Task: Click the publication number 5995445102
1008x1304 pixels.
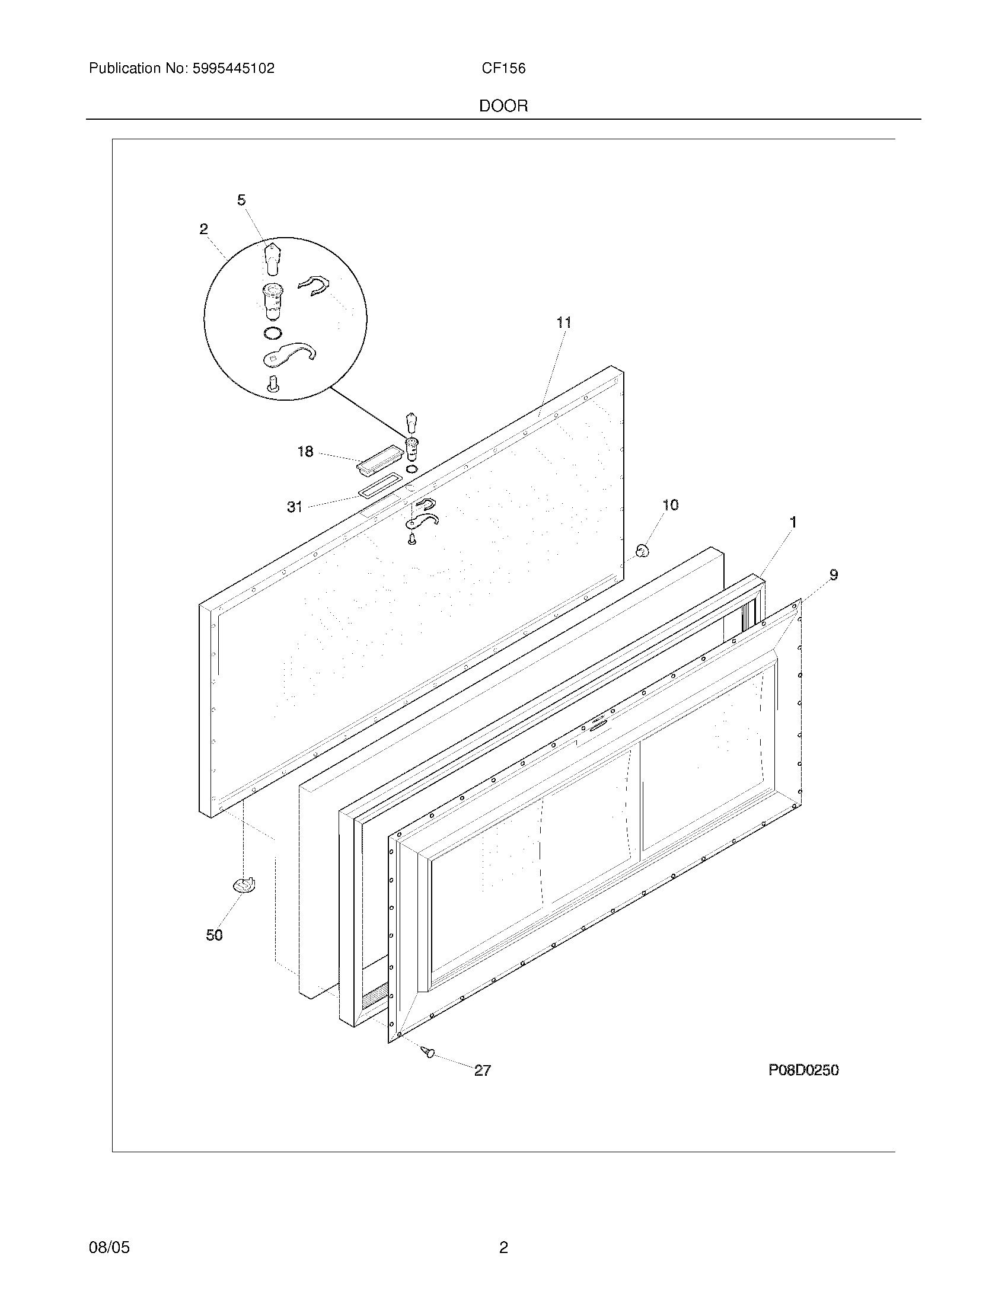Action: pyautogui.click(x=233, y=69)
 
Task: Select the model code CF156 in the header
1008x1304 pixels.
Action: pyautogui.click(x=503, y=69)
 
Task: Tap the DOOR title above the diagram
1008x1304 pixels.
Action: pyautogui.click(x=503, y=106)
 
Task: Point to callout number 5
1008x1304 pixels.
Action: pyautogui.click(x=241, y=200)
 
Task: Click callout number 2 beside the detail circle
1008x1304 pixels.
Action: pyautogui.click(x=203, y=229)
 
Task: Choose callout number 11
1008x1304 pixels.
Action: pyautogui.click(x=564, y=322)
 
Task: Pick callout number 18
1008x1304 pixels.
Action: pyautogui.click(x=305, y=452)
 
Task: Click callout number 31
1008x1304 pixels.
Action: pyautogui.click(x=295, y=507)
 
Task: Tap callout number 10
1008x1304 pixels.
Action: pyautogui.click(x=671, y=505)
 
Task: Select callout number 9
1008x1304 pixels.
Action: pyautogui.click(x=834, y=575)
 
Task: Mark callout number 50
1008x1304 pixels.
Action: pyautogui.click(x=215, y=935)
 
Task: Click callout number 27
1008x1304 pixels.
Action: pyautogui.click(x=483, y=1070)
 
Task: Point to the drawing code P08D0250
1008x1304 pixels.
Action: pyautogui.click(x=803, y=1070)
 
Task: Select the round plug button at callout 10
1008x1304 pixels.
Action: pyautogui.click(x=642, y=551)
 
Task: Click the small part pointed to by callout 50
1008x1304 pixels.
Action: pyautogui.click(x=245, y=885)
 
